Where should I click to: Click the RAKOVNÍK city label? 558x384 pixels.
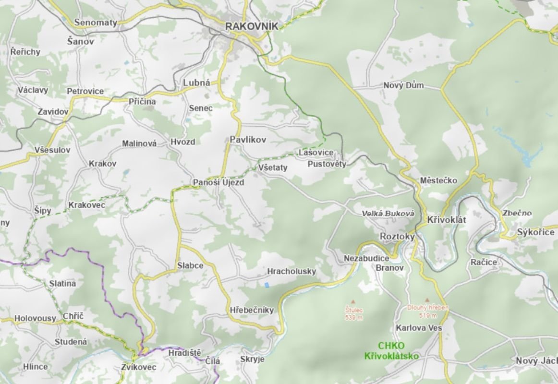252,26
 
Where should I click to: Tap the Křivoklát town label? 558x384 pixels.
447,220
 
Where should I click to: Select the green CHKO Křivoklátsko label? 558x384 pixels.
391,351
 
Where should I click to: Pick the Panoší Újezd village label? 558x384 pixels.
218,183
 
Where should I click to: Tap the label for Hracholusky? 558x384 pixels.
292,272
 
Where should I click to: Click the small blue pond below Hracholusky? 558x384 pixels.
267,285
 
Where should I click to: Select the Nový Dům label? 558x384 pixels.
403,85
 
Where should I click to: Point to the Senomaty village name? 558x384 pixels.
96,23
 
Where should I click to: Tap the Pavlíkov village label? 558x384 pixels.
248,140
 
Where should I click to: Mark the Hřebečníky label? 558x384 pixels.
252,310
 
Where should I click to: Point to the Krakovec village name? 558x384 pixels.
87,205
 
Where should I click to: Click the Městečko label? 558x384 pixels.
438,181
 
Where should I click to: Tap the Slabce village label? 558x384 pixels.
190,265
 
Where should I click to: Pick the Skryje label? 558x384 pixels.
253,359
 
